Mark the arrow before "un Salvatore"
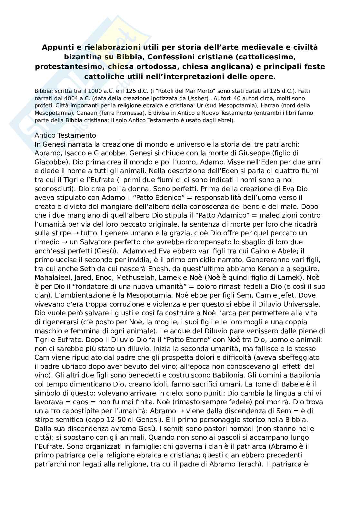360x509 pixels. [x=65, y=242]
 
